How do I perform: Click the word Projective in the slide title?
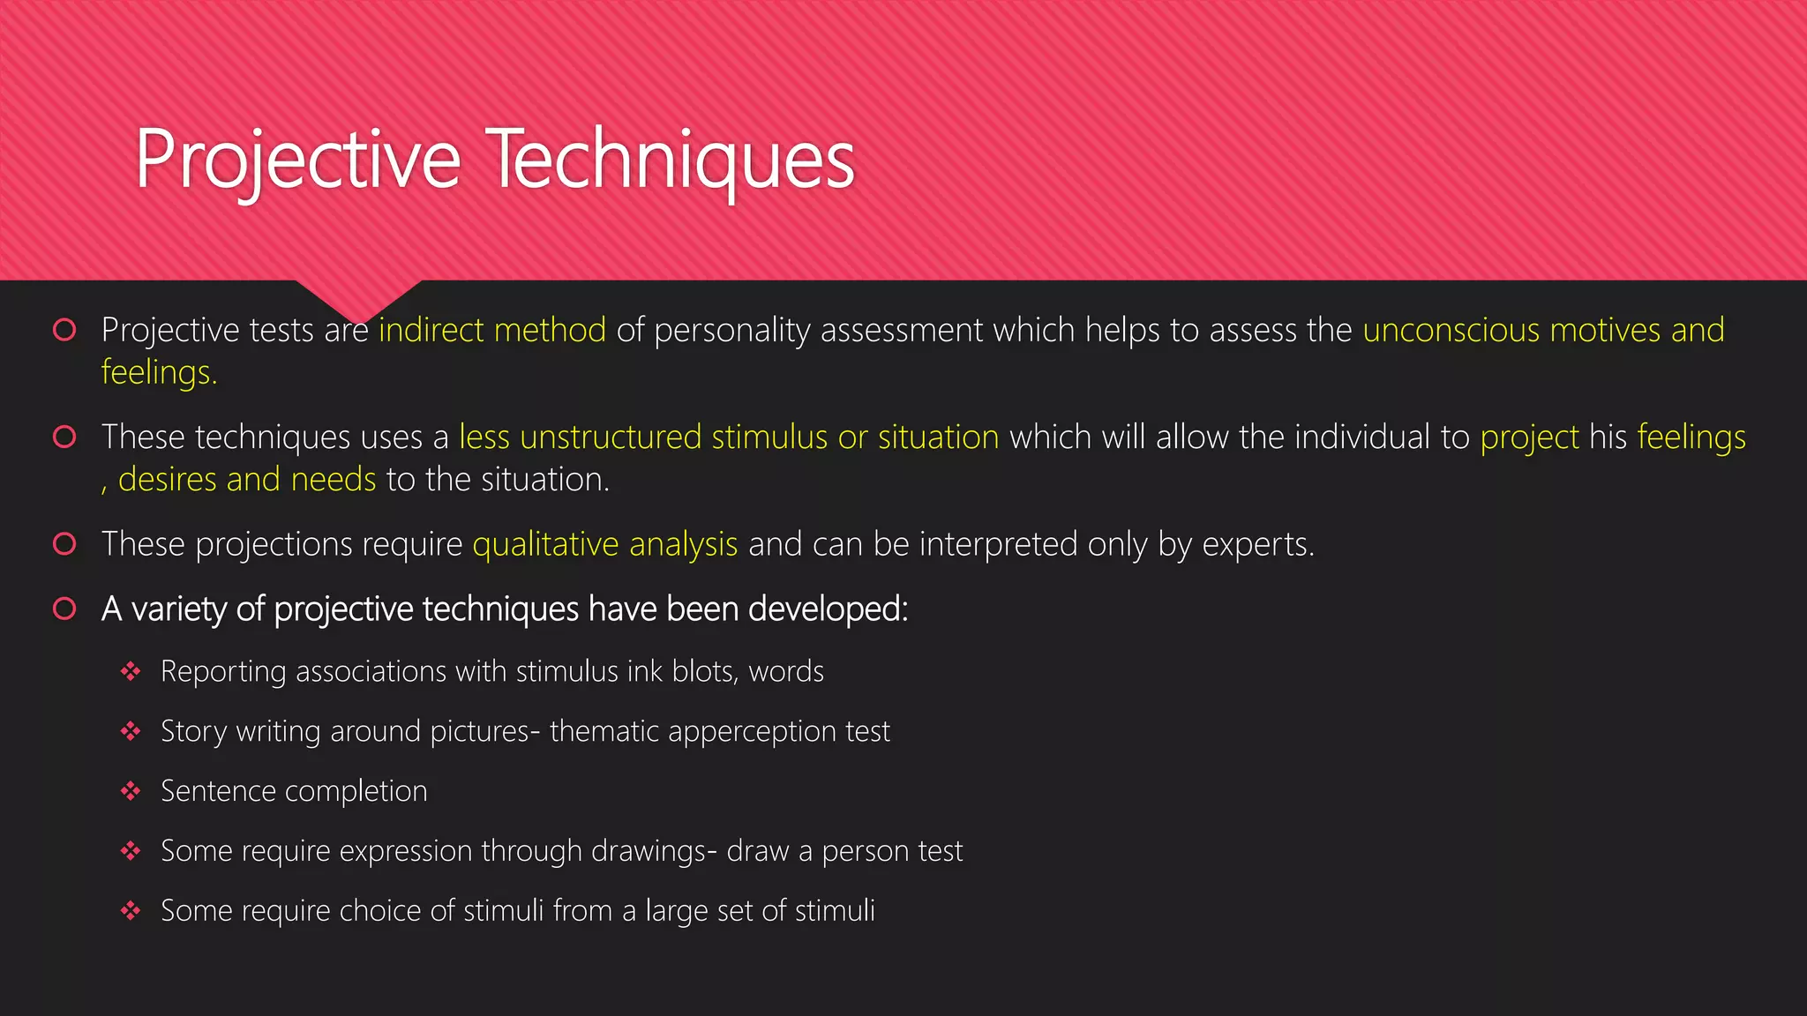(297, 161)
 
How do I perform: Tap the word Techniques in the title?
(671, 161)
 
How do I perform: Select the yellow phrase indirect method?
(492, 330)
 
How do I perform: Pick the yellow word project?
(1529, 437)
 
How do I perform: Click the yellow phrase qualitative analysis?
(605, 544)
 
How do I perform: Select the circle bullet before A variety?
(64, 609)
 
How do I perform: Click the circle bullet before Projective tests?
(64, 330)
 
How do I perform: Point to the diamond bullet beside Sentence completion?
(131, 791)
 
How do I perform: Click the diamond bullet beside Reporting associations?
(131, 672)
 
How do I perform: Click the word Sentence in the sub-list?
(218, 791)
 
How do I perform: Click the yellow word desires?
(167, 480)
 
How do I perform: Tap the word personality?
(731, 330)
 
